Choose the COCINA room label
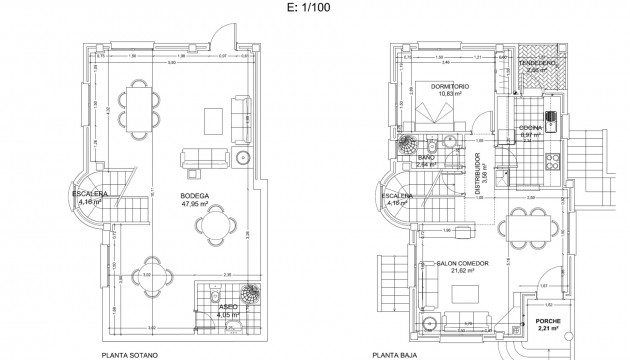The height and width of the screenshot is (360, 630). [x=531, y=128]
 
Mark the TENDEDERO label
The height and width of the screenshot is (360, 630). [x=541, y=64]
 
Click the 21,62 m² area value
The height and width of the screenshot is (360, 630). [x=461, y=270]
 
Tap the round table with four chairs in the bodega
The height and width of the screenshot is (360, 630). [x=214, y=229]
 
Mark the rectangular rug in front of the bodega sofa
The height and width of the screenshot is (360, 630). [x=213, y=120]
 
